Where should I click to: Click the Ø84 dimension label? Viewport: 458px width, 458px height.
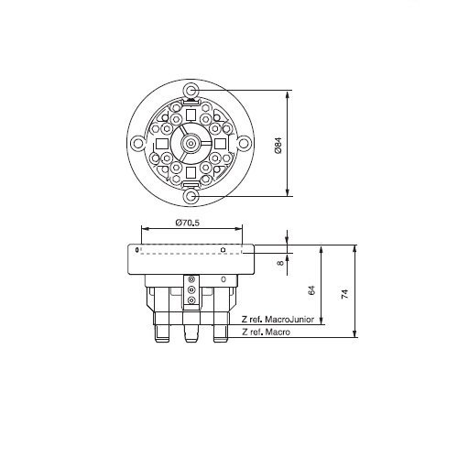278,146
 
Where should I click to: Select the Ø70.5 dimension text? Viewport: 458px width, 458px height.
188,223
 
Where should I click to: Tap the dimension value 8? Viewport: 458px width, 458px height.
280,262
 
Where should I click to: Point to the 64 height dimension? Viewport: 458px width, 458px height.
311,290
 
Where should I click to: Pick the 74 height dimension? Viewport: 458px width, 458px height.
344,294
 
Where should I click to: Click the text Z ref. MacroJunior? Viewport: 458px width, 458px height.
278,320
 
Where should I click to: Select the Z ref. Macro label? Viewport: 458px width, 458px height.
266,332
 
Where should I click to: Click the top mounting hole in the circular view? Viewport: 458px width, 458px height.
191,91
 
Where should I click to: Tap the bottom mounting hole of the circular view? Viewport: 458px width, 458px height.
191,196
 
